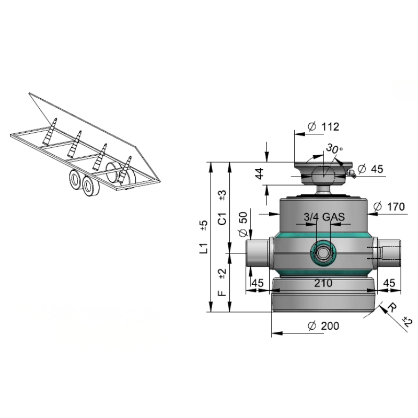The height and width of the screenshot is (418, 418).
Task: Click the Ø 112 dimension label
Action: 323,126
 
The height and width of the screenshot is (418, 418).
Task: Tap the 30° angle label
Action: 334,149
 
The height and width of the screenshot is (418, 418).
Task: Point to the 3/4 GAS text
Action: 324,217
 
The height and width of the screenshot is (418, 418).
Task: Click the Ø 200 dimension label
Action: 323,326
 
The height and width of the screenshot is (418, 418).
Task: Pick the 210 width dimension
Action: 323,283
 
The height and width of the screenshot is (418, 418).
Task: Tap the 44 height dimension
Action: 259,173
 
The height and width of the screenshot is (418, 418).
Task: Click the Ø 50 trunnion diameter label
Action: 243,224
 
